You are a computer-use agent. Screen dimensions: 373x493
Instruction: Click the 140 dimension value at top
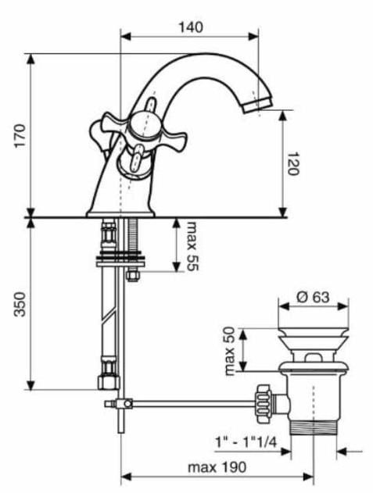[x=191, y=27]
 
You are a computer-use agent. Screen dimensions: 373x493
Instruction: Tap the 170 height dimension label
[x=20, y=136]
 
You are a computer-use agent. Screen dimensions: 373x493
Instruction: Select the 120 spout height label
[x=292, y=163]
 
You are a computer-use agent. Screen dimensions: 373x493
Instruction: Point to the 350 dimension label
[x=20, y=304]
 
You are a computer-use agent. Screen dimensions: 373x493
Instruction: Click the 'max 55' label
[x=192, y=246]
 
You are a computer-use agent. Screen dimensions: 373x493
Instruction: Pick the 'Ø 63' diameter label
[x=314, y=297]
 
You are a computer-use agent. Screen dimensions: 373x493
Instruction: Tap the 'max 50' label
[x=231, y=351]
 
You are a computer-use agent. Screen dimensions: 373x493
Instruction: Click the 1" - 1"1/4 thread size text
[x=246, y=442]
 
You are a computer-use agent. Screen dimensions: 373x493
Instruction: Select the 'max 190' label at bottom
[x=217, y=467]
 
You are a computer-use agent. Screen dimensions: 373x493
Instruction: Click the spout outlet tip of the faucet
[x=256, y=105]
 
